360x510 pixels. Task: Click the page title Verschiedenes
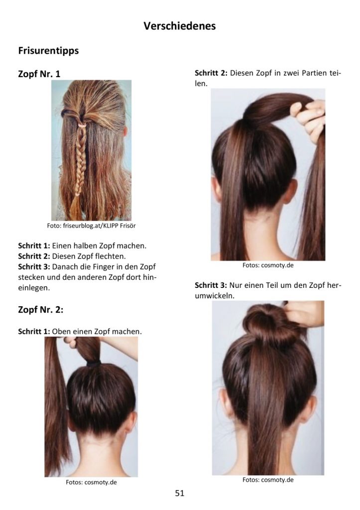(x=180, y=26)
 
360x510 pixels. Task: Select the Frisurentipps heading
(x=48, y=51)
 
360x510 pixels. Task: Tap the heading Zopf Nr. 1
(x=39, y=74)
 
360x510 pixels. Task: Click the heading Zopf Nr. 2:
(x=41, y=309)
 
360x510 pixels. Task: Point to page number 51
(x=180, y=493)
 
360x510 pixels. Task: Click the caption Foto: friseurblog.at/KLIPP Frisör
(x=91, y=226)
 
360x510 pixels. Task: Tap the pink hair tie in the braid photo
(x=82, y=125)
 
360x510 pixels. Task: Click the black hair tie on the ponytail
(x=94, y=364)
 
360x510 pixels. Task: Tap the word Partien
(x=314, y=73)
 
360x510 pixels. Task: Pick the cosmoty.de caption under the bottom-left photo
(x=91, y=482)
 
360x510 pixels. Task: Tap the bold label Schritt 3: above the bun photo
(x=211, y=285)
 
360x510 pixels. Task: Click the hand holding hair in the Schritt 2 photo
(x=308, y=118)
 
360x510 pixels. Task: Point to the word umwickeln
(x=215, y=296)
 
